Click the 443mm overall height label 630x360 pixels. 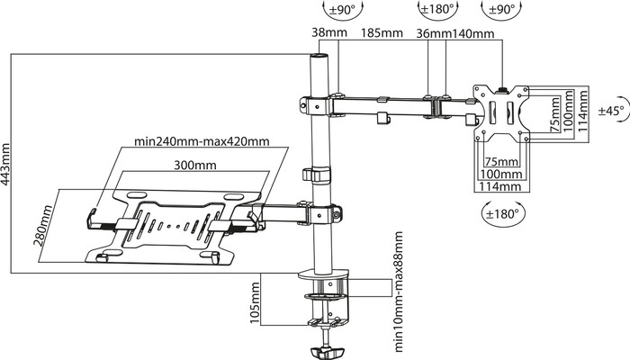click(x=7, y=164)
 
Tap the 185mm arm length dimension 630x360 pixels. click(x=382, y=32)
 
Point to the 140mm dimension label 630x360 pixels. click(x=473, y=33)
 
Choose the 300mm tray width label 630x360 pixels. click(x=195, y=165)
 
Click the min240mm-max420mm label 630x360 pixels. click(x=202, y=141)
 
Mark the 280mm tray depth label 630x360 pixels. click(x=44, y=225)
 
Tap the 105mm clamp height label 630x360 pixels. click(x=255, y=302)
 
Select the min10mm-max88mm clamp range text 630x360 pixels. click(x=398, y=292)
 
